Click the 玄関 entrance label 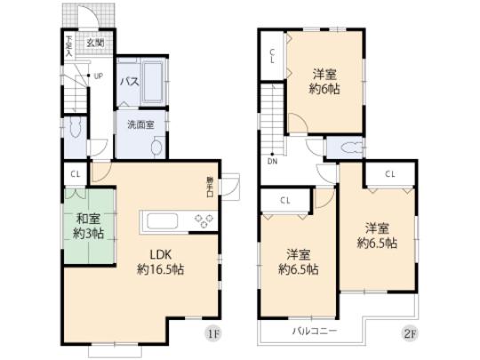click(x=94, y=41)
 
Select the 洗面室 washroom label click(x=138, y=124)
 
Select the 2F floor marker click(x=408, y=336)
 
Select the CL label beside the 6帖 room click(x=273, y=58)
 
